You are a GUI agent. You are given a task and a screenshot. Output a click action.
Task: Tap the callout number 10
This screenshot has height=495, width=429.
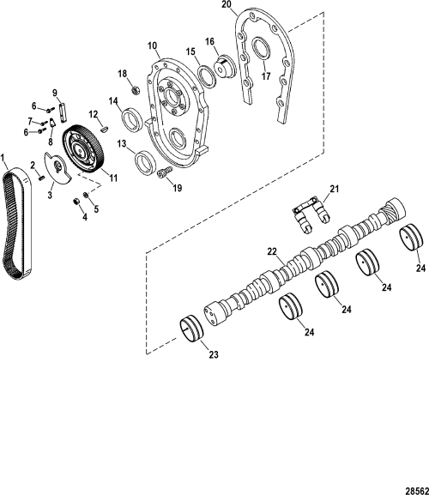click(x=153, y=45)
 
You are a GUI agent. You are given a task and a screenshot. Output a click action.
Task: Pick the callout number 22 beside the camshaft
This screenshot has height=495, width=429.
click(x=272, y=251)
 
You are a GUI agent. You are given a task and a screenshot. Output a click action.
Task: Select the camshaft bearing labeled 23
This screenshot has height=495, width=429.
click(x=196, y=331)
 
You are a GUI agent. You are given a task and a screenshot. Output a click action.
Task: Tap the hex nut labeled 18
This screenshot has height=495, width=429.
click(x=135, y=88)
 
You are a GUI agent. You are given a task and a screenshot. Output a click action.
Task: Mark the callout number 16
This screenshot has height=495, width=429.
click(x=209, y=40)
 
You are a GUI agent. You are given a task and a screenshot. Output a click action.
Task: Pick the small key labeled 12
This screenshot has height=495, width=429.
click(x=103, y=129)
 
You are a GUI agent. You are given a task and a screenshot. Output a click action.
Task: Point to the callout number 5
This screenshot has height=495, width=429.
click(x=95, y=208)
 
